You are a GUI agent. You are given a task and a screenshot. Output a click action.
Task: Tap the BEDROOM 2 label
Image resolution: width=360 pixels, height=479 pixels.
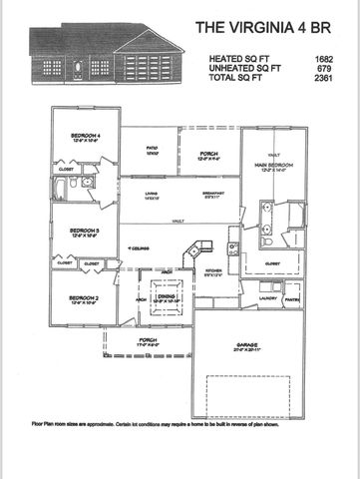[x=85, y=297]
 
